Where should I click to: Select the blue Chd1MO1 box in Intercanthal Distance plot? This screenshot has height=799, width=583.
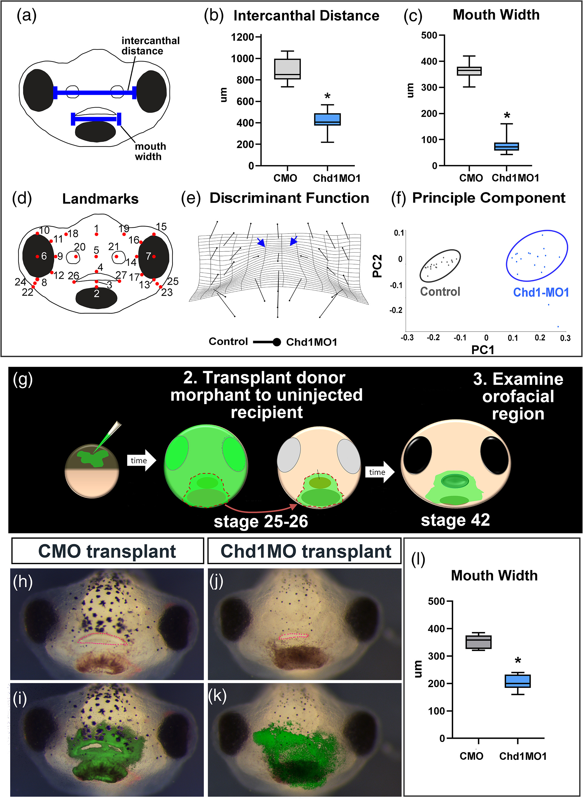click(x=327, y=119)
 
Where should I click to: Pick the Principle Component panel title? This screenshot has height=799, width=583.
click(x=488, y=198)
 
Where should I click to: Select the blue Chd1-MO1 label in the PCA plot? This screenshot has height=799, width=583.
click(x=541, y=292)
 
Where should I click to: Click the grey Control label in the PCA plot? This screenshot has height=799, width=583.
click(x=440, y=291)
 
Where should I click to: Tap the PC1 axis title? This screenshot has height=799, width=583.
click(x=483, y=350)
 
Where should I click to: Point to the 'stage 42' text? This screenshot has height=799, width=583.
click(x=455, y=520)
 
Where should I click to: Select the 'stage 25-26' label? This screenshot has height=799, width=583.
click(x=261, y=521)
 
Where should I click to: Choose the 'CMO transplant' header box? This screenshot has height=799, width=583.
click(x=107, y=551)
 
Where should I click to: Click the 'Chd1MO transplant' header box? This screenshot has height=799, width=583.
click(x=305, y=551)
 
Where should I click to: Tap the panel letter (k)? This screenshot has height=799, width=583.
click(x=217, y=695)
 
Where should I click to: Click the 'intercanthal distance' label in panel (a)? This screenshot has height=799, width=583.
click(x=150, y=46)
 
